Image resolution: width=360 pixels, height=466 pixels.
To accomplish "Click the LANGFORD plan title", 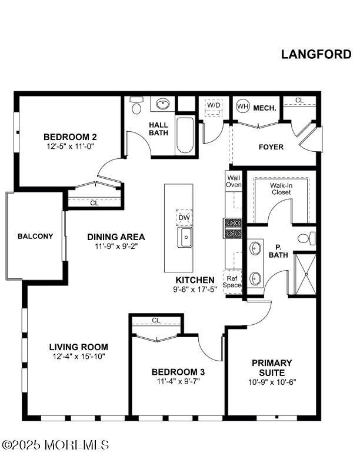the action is point(316,54).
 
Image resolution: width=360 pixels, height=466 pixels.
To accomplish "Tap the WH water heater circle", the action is point(243,106).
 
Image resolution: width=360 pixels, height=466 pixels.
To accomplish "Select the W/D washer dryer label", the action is point(214,105).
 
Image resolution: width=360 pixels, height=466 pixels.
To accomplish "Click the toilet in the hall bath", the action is point(136,105).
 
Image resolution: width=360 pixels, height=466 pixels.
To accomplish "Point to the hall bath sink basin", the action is point(163,104).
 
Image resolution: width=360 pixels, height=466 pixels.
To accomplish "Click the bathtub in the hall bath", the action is point(185,136).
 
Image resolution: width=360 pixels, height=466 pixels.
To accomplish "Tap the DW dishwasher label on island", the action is point(184,218).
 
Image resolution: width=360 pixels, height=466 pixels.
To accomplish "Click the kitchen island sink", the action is point(185,237).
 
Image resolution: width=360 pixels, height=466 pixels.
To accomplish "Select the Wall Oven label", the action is point(234,181).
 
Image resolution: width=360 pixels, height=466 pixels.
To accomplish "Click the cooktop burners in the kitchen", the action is point(233,228).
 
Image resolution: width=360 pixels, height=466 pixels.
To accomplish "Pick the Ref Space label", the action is point(232,282).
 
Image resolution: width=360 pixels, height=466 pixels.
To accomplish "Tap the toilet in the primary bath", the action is point(306,238).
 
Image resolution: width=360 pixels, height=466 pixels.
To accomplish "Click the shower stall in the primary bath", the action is point(305,274).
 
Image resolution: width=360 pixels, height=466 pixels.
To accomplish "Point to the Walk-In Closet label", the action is point(281,189).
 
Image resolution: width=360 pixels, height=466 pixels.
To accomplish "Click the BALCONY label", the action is point(35,237).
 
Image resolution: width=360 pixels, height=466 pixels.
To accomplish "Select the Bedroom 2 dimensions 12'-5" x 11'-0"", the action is point(70,147).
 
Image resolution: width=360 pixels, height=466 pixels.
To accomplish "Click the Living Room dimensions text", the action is point(79,357).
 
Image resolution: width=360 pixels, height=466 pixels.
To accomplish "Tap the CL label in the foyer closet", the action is point(299,100).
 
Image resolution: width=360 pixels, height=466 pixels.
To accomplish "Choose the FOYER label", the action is point(271,147).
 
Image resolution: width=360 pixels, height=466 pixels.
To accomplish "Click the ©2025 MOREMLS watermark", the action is point(55,445).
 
